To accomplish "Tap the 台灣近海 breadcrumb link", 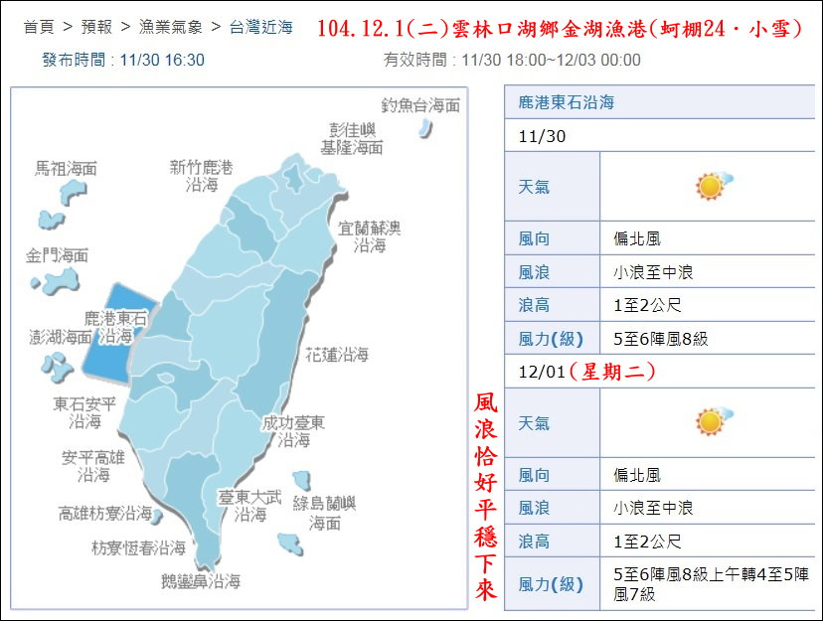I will point(260,27).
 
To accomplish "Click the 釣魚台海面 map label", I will point(420,105).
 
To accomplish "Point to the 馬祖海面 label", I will point(66,169).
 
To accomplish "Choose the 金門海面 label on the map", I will point(57,256).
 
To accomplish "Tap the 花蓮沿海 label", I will point(337,354).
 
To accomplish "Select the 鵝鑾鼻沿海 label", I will point(201,582).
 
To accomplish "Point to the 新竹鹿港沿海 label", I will point(201,175).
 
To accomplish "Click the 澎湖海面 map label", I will point(60,338).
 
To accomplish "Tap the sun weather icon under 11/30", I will point(711,186).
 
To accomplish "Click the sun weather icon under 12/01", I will point(711,421).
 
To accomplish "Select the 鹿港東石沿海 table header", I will point(566,102).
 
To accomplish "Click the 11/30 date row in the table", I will point(542,136).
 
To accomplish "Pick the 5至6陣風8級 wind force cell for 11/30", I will point(661,339).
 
